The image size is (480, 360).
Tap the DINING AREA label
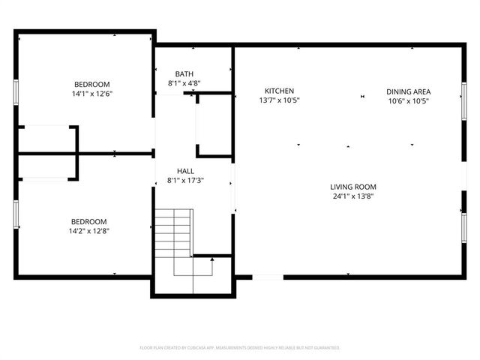point(408,91)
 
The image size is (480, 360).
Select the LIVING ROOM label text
point(353,187)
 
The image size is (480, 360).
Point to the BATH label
point(184,73)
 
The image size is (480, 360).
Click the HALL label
point(185,171)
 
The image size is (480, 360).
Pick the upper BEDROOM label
point(91,84)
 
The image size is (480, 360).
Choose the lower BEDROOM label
point(90,221)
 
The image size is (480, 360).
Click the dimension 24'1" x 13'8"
point(353,196)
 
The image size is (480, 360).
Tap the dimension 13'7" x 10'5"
point(279,100)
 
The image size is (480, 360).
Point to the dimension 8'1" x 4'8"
point(184,83)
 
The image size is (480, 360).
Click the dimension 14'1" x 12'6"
point(91,94)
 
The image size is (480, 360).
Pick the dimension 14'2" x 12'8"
point(90,231)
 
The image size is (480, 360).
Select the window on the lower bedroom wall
point(16,214)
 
